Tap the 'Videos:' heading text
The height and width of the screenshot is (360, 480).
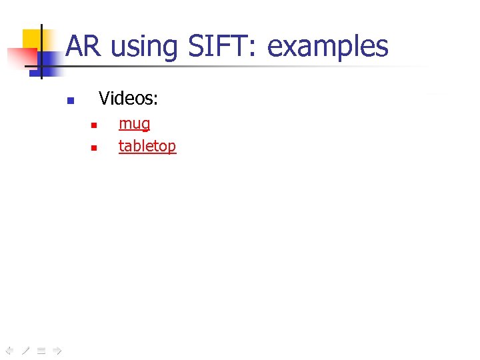(x=128, y=99)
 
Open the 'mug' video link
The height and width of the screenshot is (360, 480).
(x=134, y=123)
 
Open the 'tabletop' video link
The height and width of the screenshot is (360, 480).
(x=147, y=145)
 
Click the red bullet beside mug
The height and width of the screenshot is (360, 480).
(x=94, y=125)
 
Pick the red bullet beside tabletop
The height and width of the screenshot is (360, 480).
(x=94, y=147)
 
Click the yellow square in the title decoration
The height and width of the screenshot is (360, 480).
(x=31, y=39)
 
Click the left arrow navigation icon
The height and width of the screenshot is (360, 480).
(x=9, y=349)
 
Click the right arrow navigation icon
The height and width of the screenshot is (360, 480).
(x=57, y=349)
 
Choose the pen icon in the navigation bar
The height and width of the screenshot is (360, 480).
(x=25, y=349)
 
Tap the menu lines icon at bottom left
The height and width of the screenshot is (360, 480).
(x=41, y=349)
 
